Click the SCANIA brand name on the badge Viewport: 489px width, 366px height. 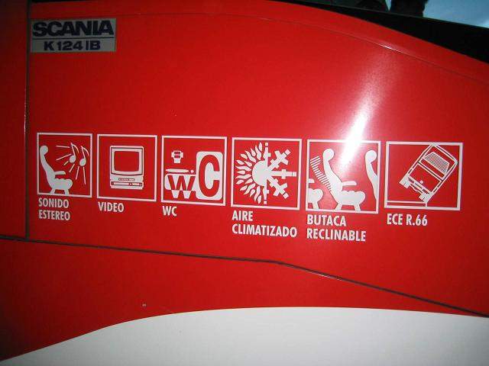click(x=73, y=29)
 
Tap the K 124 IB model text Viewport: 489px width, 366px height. click(x=73, y=46)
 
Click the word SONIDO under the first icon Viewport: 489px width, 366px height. click(x=53, y=203)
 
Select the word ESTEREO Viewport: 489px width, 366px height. click(x=54, y=215)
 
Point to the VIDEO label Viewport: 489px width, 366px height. click(x=111, y=207)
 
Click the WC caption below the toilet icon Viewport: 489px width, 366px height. click(x=170, y=211)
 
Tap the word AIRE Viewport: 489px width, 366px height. click(x=243, y=216)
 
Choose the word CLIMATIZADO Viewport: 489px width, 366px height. click(x=264, y=230)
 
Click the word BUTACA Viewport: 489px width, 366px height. click(x=326, y=220)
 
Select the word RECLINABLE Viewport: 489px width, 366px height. click(x=336, y=235)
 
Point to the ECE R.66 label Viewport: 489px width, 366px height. click(x=407, y=220)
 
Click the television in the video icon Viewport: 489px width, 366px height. click(x=127, y=168)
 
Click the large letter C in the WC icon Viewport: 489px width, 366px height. click(x=209, y=175)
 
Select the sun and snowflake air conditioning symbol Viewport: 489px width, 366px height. click(x=265, y=173)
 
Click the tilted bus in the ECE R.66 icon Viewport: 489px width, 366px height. click(x=428, y=172)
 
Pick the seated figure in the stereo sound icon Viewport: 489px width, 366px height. click(x=55, y=170)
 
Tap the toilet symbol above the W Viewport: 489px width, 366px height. click(x=177, y=157)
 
